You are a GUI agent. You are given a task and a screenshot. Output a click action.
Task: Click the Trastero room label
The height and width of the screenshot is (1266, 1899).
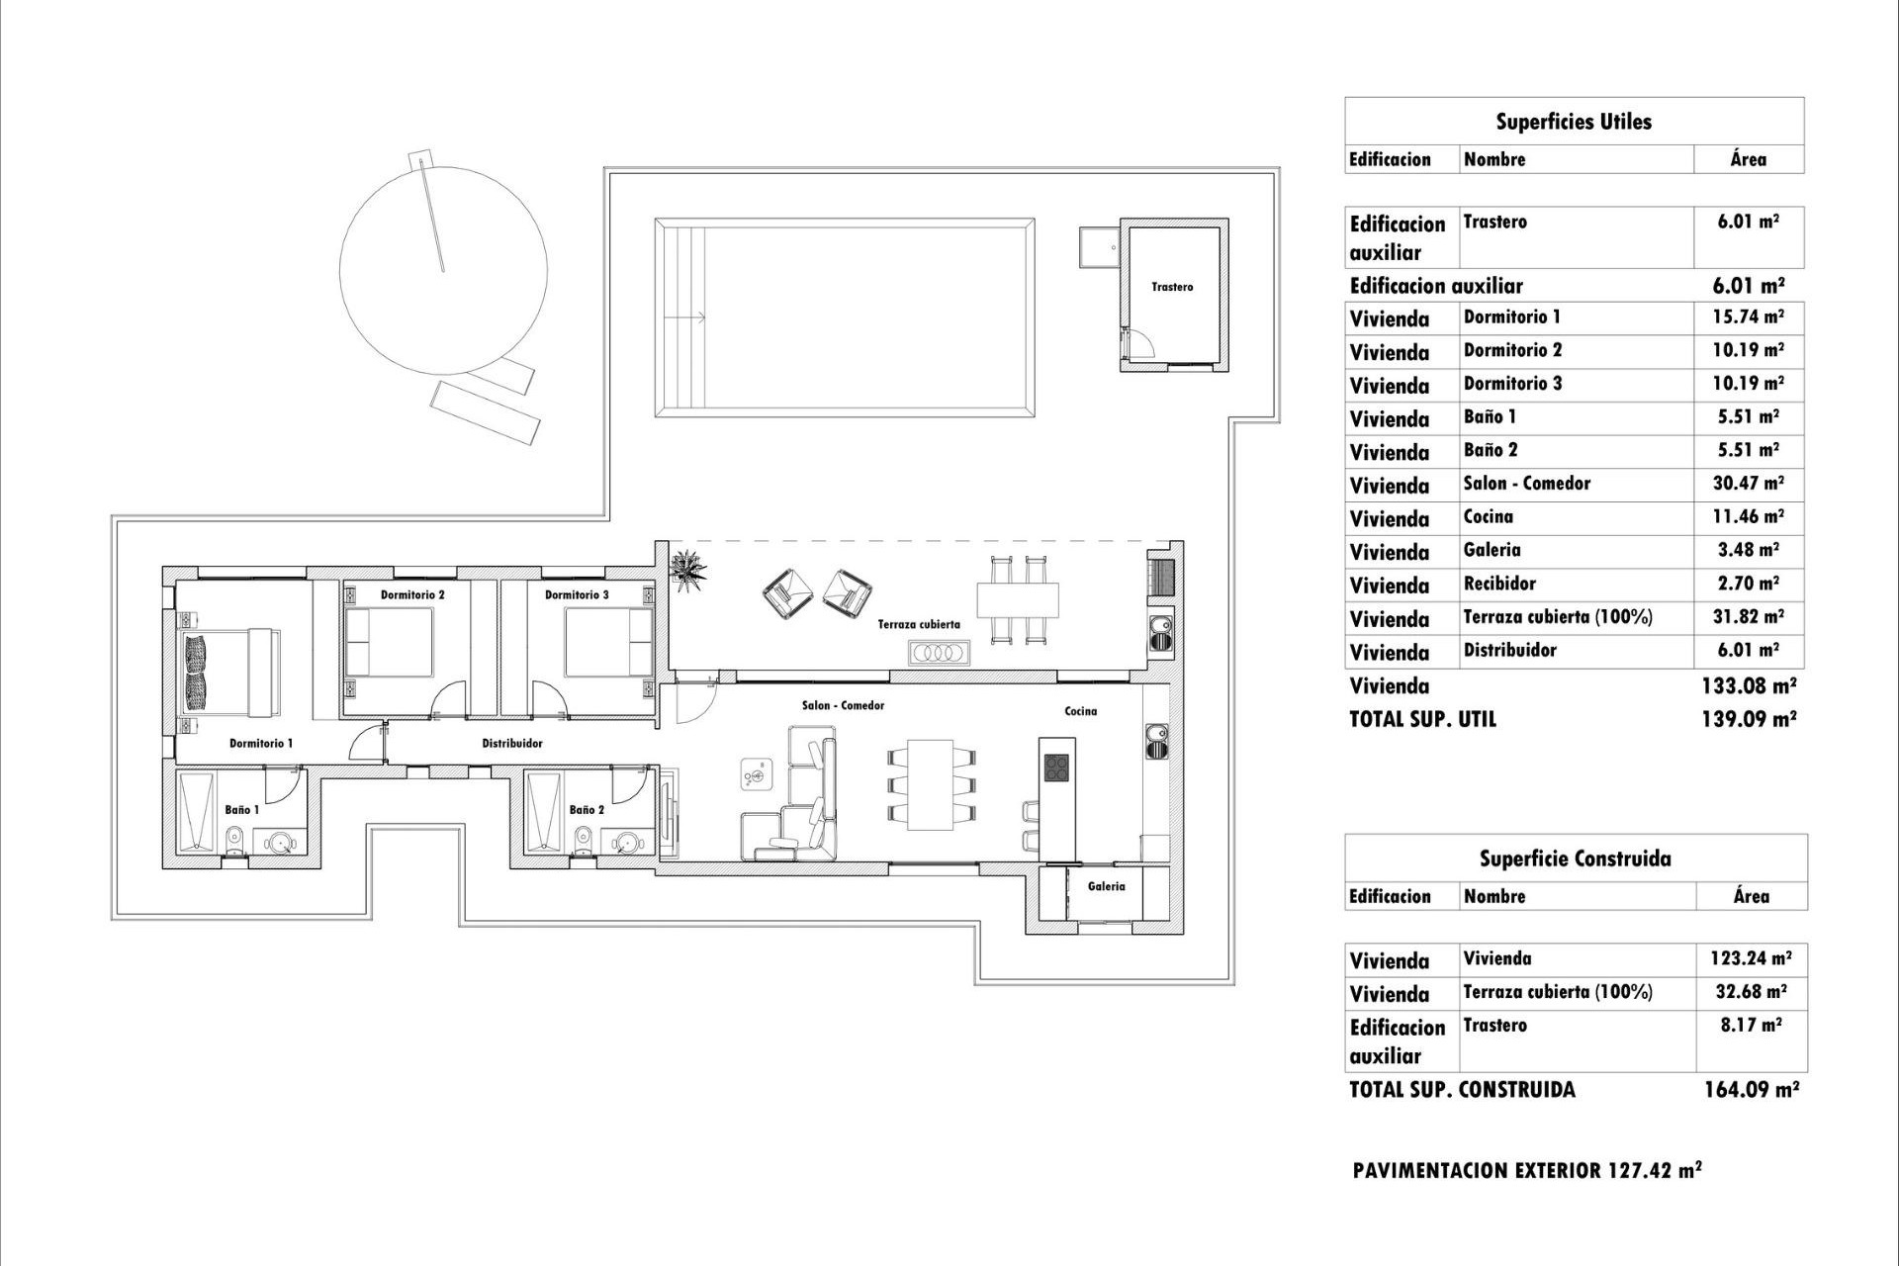(1172, 287)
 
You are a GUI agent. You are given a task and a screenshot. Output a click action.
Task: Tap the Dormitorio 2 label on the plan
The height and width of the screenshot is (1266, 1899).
(412, 595)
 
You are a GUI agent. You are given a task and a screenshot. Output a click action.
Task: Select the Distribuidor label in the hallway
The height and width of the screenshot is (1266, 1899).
(511, 744)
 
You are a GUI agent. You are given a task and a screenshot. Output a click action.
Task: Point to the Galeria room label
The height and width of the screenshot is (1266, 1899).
(1106, 887)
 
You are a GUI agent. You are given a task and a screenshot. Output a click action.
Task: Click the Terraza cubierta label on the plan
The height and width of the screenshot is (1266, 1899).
(919, 625)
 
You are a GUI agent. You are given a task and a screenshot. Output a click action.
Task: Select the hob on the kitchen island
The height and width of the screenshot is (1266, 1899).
(1056, 768)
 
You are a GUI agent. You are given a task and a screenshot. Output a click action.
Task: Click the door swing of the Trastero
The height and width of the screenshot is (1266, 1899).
(1140, 342)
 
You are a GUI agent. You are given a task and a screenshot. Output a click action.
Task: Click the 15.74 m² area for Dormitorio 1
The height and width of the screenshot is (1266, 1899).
(1748, 317)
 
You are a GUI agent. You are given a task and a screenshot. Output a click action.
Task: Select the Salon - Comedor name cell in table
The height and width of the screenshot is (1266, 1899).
(1526, 484)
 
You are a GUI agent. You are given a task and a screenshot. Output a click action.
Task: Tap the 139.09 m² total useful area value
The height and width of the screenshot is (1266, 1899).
(1748, 719)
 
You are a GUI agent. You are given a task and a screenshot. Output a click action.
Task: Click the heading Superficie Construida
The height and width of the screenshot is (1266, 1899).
(1575, 859)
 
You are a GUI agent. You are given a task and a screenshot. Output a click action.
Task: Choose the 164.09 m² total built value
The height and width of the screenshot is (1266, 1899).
(1751, 1090)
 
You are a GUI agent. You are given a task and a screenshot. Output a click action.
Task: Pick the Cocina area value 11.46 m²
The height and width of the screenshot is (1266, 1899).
(1748, 516)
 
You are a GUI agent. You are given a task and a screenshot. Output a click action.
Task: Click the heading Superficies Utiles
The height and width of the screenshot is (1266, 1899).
(1573, 122)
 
